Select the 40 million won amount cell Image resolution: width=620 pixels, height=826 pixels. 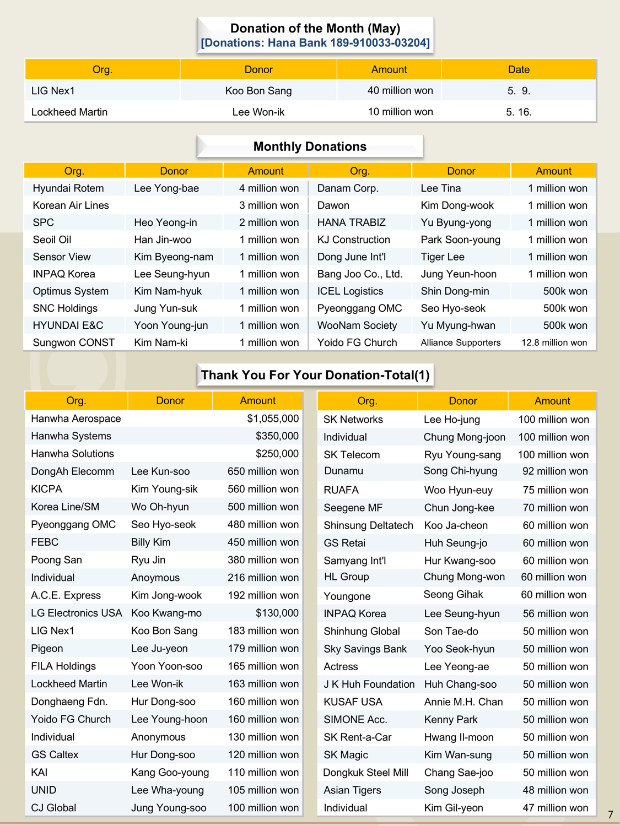coord(400,90)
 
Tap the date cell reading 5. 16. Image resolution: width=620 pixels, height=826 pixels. coord(519,112)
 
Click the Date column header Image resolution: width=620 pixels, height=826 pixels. coord(519,69)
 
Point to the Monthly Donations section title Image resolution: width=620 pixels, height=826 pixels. coord(310,146)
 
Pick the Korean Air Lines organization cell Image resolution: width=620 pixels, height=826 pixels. coord(71,205)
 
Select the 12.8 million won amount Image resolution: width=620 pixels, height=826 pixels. coord(554,343)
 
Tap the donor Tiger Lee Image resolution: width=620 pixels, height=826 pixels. coord(443,257)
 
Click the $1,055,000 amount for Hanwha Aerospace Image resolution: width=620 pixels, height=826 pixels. coord(273,419)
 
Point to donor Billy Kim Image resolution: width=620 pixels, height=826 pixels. coord(151,542)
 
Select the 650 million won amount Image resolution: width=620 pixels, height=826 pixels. coord(263,471)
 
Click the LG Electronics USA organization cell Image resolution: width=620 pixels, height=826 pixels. coord(76,613)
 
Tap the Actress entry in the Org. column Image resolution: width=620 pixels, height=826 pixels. coord(341,667)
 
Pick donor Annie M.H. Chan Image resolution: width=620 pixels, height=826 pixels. coord(463,702)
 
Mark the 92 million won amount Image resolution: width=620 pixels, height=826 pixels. coord(555,471)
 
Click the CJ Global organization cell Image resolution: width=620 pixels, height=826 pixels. coord(53,808)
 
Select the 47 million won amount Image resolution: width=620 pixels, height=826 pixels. coord(556,808)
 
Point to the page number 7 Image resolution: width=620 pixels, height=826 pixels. coord(610,814)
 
